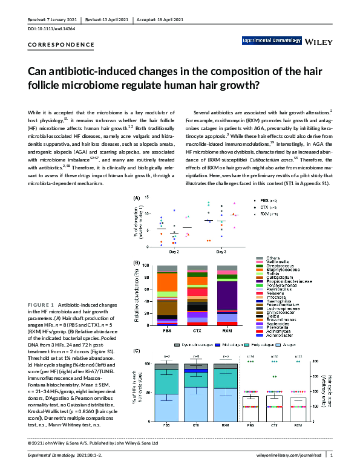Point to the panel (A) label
137,198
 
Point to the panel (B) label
137,263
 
